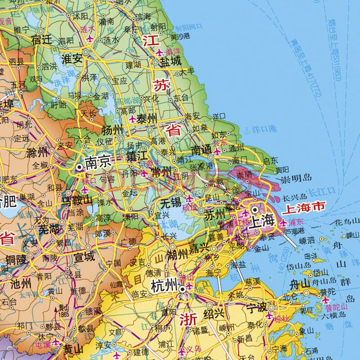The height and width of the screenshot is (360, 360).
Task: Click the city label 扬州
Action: [x=112, y=131]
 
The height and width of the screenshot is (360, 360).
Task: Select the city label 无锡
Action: [x=170, y=204]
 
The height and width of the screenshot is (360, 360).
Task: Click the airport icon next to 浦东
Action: [x=283, y=222]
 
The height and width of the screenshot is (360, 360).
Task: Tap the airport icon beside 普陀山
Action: [x=325, y=300]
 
